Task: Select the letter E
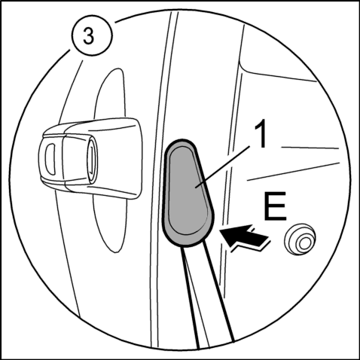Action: (275, 206)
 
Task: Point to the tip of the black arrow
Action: (220, 230)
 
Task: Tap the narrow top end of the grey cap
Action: (180, 141)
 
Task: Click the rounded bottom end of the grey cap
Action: (187, 244)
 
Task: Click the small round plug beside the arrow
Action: (300, 239)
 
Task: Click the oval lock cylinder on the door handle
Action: (92, 159)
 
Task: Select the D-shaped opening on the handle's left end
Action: (50, 159)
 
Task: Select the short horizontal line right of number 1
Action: (310, 148)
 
